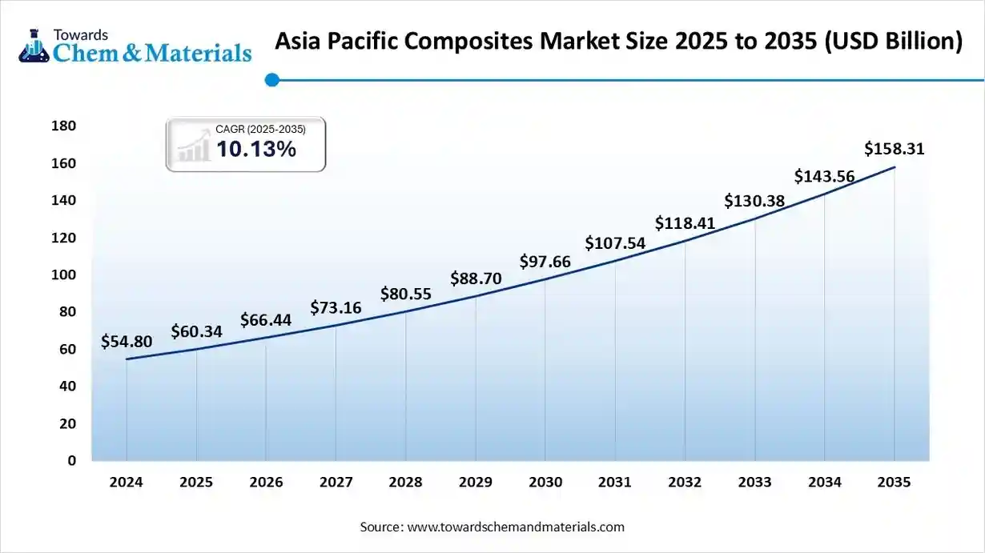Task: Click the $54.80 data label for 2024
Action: [x=127, y=342]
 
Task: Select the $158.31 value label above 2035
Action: [x=895, y=148]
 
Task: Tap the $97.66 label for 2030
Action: [x=545, y=262]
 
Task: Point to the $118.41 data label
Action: [x=685, y=222]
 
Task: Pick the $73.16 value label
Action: [x=336, y=307]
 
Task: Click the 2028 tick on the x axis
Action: [x=405, y=483]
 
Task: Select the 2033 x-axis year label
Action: [x=754, y=483]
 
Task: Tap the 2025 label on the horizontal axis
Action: [x=196, y=483]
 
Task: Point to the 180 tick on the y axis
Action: [x=63, y=126]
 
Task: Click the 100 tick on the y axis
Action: [x=63, y=274]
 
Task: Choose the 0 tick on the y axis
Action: [x=71, y=461]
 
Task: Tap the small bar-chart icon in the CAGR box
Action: [x=193, y=148]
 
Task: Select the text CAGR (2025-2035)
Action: [x=260, y=129]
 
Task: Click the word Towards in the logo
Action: [x=80, y=34]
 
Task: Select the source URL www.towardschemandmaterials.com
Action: [x=516, y=527]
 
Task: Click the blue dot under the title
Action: [x=271, y=79]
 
